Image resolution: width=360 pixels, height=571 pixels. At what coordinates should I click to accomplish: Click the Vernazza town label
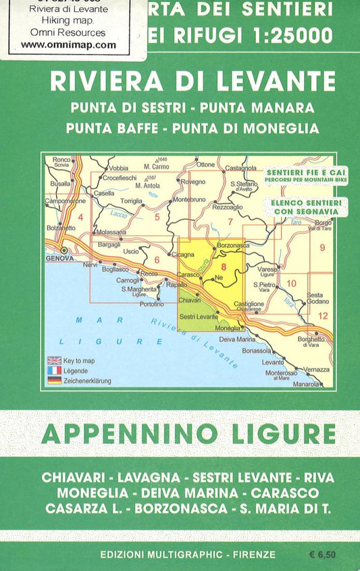(316, 370)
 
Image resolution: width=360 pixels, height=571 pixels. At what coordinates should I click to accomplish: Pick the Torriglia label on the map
(131, 201)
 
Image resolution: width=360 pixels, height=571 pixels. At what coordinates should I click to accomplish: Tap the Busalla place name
(60, 183)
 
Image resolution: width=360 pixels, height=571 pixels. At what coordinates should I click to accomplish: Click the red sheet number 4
(80, 217)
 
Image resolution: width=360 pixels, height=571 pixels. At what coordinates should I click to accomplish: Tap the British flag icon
(55, 361)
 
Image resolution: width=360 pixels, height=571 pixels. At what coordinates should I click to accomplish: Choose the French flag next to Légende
(55, 370)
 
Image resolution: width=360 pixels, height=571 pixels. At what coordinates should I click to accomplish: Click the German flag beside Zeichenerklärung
(55, 380)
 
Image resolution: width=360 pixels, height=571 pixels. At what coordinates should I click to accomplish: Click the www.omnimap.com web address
(68, 45)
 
